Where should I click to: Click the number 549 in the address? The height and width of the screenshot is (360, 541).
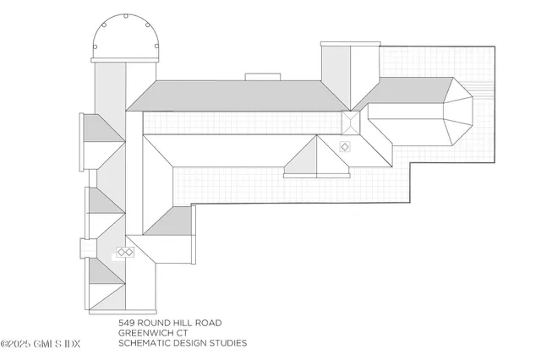(x=126, y=323)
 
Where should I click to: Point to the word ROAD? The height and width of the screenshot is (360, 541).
(x=209, y=323)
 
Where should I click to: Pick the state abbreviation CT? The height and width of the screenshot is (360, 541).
(x=182, y=333)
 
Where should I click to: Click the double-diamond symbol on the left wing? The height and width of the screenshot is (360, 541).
(x=125, y=253)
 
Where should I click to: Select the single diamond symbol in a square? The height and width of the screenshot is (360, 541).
(x=345, y=147)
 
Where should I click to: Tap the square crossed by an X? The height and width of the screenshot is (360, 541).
(x=351, y=123)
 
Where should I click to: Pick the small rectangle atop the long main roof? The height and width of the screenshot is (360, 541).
(x=263, y=77)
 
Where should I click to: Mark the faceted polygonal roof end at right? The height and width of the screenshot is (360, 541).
(x=458, y=112)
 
